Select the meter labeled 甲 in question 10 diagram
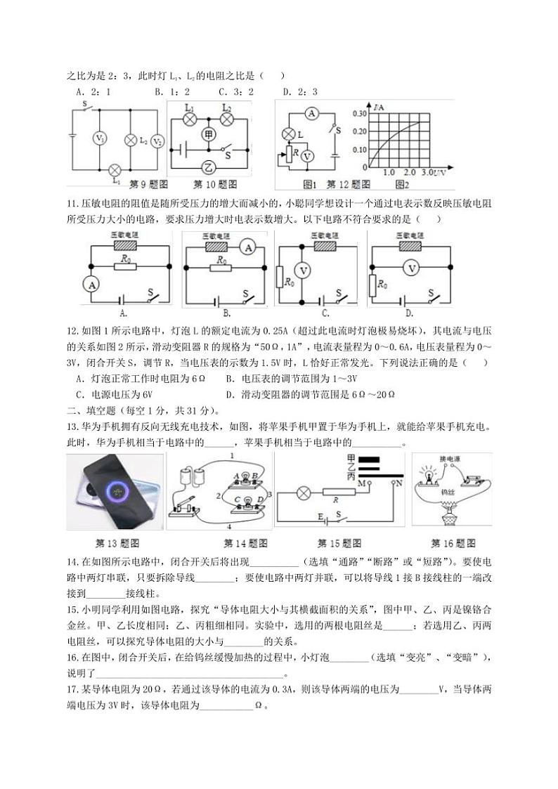[x=208, y=133]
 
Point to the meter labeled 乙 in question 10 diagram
[x=208, y=167]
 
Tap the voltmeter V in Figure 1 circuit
[x=307, y=156]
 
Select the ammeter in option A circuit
[x=89, y=284]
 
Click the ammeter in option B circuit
[x=247, y=247]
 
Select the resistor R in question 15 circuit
[x=337, y=493]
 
